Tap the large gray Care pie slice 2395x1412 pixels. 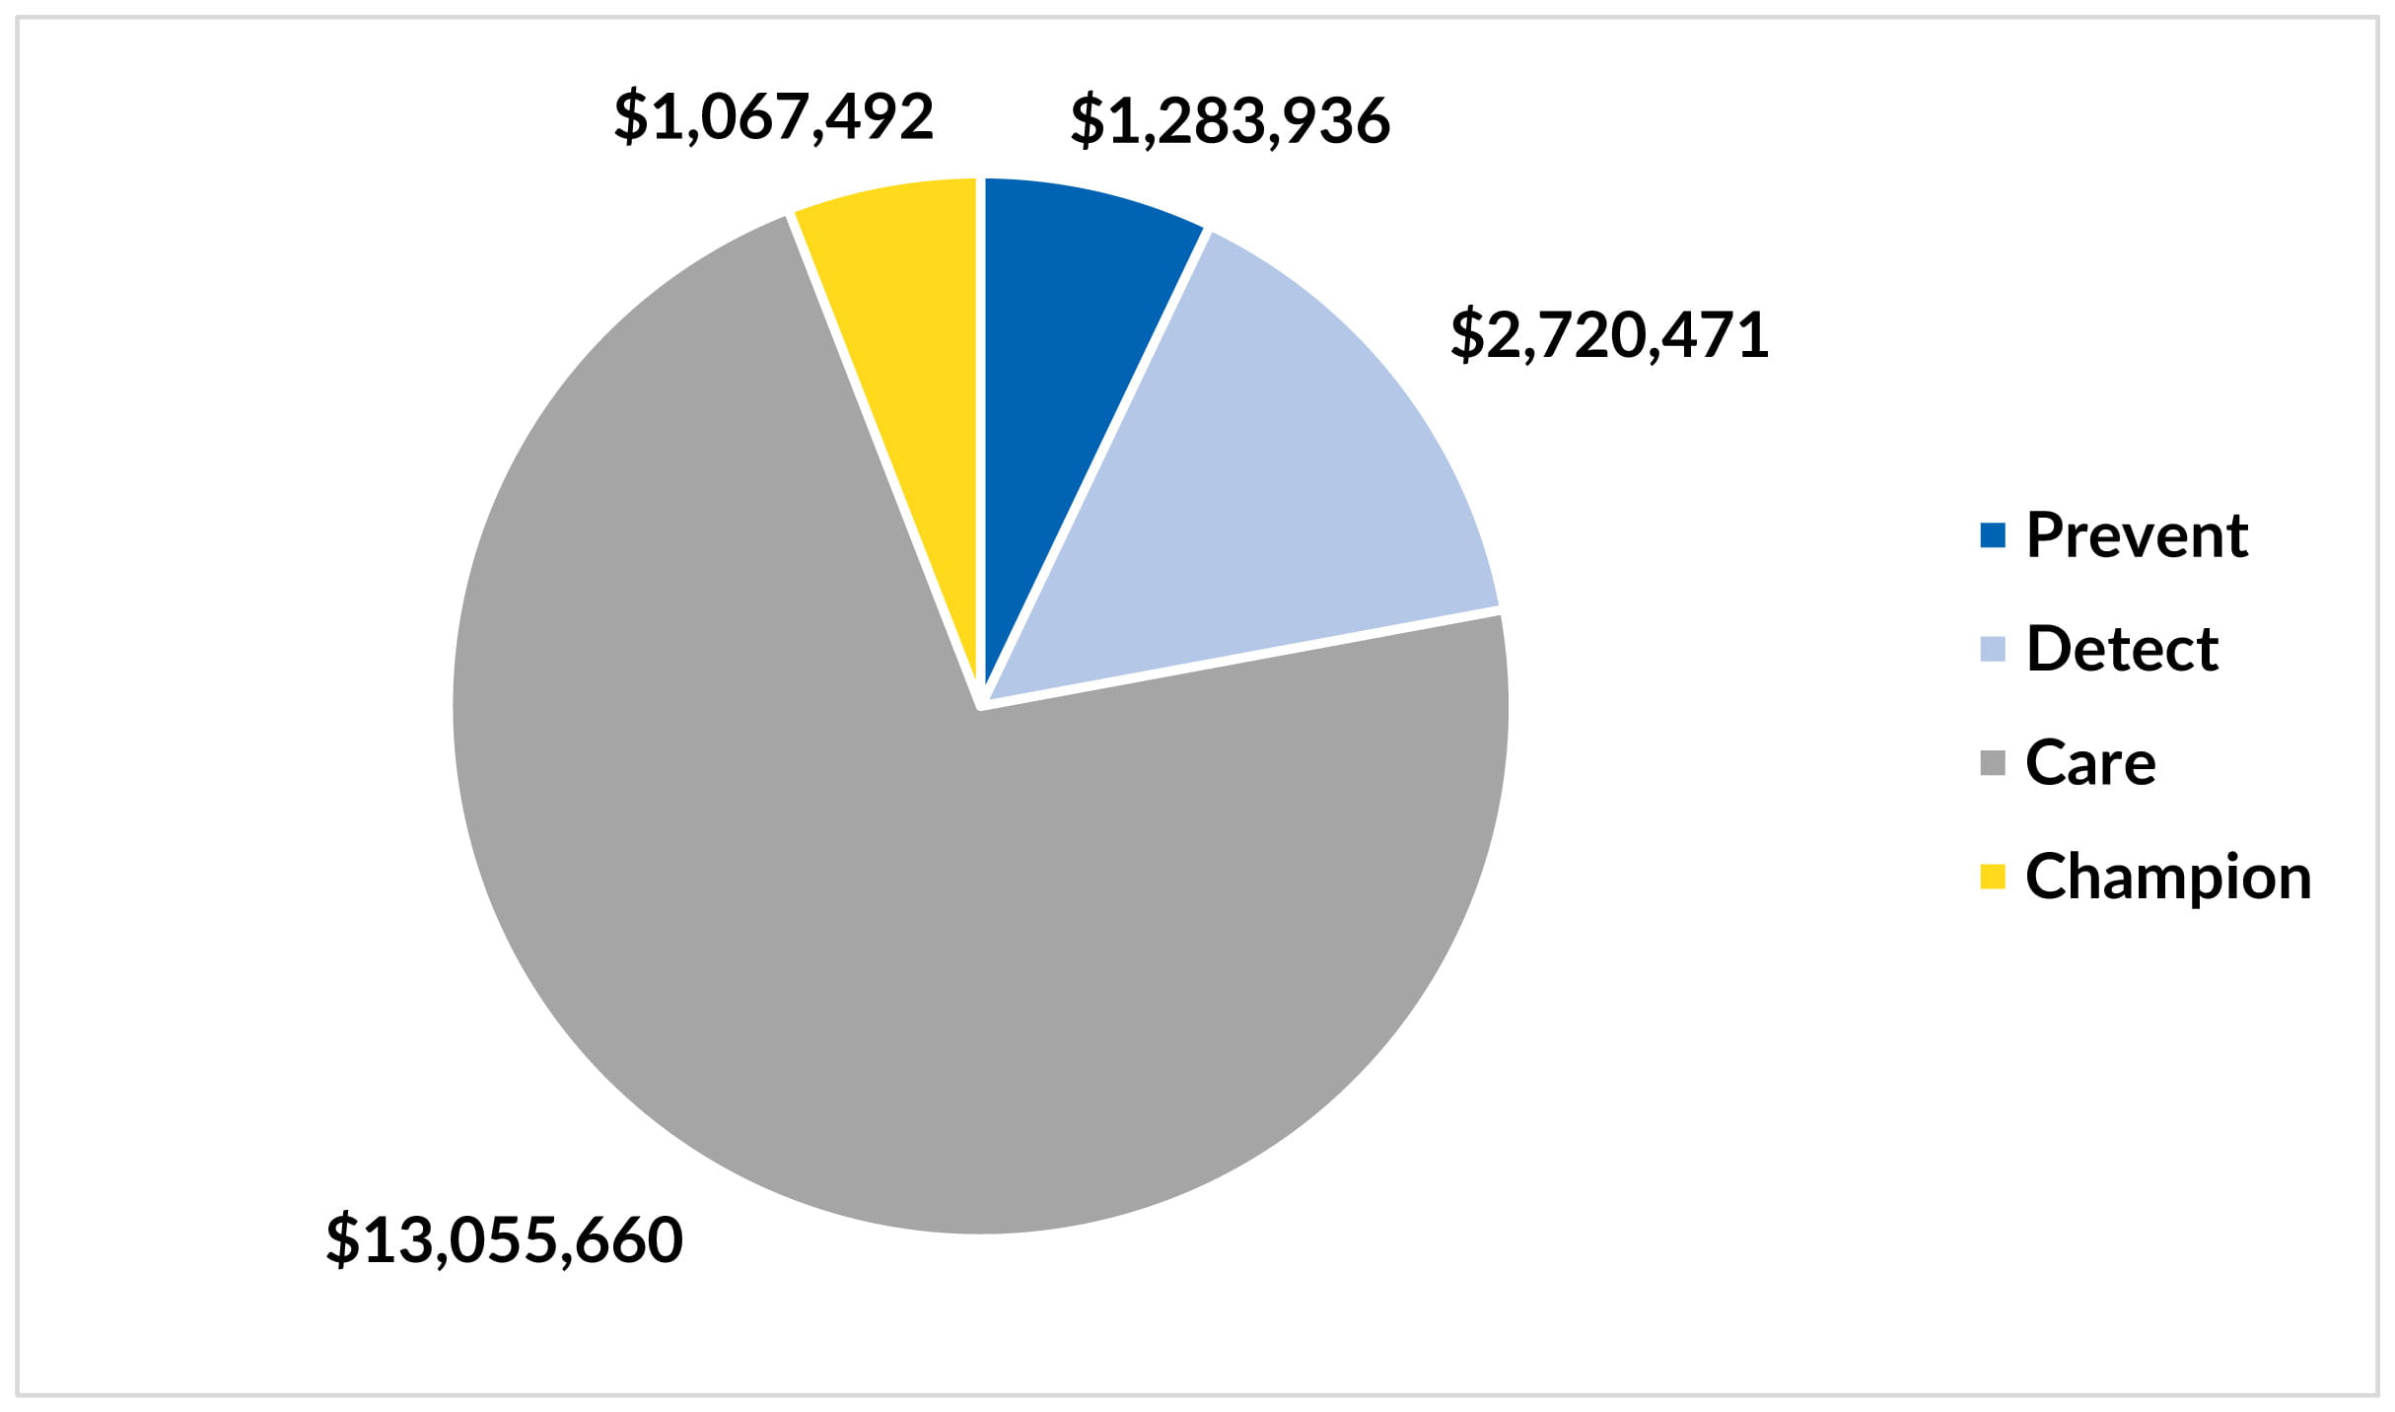point(887,887)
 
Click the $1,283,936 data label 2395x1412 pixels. point(1230,120)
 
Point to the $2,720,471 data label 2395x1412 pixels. point(1609,335)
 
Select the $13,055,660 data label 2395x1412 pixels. point(504,1239)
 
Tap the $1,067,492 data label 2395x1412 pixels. point(773,116)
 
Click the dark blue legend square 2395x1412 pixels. point(1992,535)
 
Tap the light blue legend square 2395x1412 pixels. point(1992,649)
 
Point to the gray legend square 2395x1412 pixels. point(1992,763)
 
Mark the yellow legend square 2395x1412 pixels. point(1992,877)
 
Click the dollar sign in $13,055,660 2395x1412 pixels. point(343,1239)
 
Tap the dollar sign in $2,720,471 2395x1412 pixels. point(1467,335)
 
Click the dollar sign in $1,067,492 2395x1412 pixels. point(631,116)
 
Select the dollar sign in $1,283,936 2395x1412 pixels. point(1088,120)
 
